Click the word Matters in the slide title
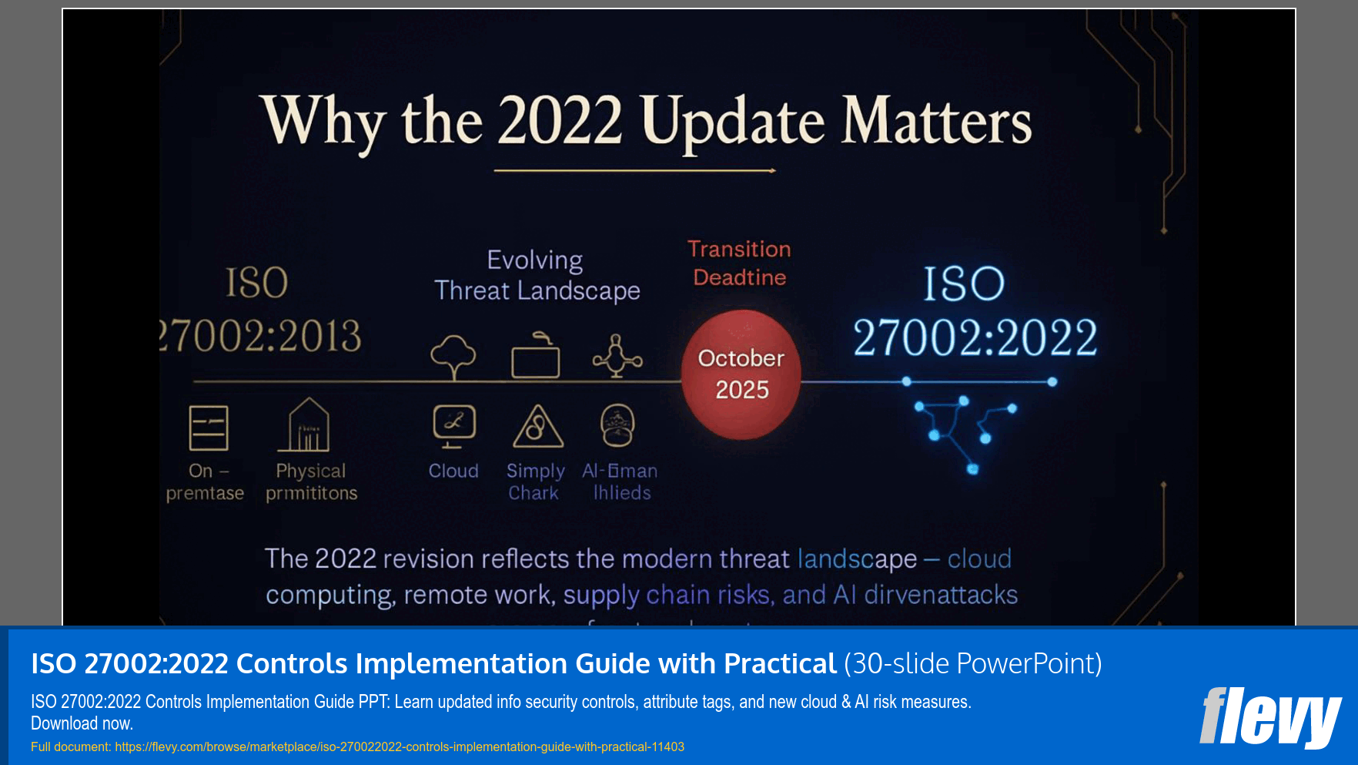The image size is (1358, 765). click(935, 121)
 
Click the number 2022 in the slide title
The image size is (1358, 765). click(560, 121)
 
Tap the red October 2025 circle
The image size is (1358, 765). click(741, 375)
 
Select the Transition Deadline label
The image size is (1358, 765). click(739, 263)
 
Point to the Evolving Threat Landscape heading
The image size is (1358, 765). click(537, 276)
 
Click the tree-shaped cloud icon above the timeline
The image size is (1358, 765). click(453, 357)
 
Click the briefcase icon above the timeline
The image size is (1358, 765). click(536, 356)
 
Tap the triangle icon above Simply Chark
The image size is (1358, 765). click(538, 427)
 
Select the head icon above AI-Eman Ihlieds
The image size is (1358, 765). click(617, 425)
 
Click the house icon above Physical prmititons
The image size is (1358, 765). click(308, 425)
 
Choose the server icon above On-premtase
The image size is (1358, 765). click(209, 428)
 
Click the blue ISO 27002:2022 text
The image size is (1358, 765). click(974, 311)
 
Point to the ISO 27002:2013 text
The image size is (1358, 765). click(260, 310)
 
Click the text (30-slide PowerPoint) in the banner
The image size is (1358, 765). click(972, 663)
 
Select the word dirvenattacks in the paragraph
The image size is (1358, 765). click(940, 595)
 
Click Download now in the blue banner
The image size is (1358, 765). click(82, 723)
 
